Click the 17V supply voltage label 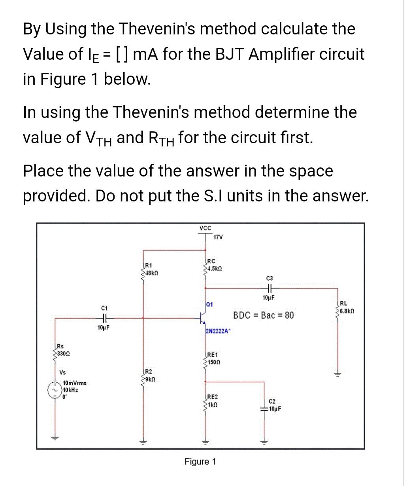click(x=218, y=237)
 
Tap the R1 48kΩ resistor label click(x=150, y=269)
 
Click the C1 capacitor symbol click(x=105, y=317)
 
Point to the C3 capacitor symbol click(x=271, y=289)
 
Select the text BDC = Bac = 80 click(x=263, y=315)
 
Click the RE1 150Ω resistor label click(x=213, y=359)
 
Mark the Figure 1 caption click(x=200, y=461)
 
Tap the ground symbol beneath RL click(x=338, y=374)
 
